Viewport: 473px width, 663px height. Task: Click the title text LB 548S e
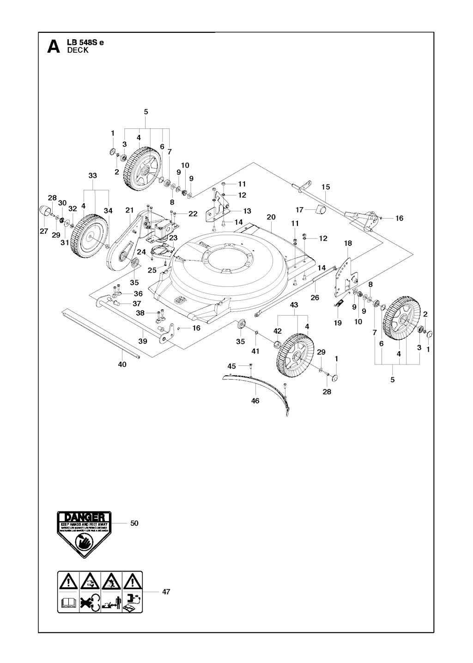point(85,43)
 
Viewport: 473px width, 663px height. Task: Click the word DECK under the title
point(78,51)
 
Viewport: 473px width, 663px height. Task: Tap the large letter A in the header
point(54,47)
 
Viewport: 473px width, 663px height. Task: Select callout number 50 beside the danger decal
point(134,523)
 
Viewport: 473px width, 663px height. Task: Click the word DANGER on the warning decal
point(84,517)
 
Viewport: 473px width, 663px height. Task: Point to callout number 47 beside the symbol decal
point(166,591)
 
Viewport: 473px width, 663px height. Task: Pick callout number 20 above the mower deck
point(271,217)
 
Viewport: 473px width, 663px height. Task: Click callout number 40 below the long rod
point(121,364)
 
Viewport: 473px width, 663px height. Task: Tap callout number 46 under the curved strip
point(255,401)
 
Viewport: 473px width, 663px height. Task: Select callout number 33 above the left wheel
point(92,176)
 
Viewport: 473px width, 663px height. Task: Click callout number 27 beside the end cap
point(43,231)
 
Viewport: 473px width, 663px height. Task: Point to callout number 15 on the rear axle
point(326,187)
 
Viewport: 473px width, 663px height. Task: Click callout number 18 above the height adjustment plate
point(348,243)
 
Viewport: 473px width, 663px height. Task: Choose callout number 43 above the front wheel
point(294,305)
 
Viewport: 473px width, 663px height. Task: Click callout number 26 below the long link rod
point(315,298)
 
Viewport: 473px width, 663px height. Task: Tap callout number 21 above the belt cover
point(129,211)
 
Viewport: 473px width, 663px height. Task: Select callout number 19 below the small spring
point(338,322)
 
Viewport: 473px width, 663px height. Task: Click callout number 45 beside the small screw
point(232,366)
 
